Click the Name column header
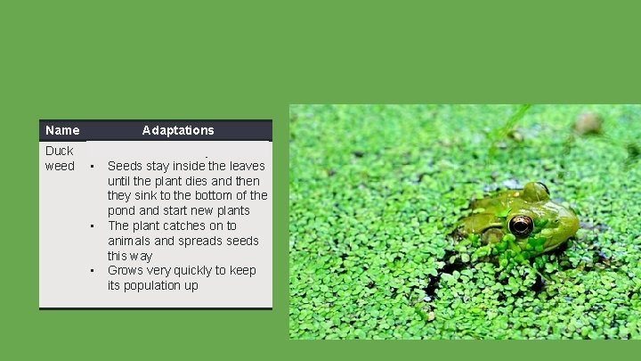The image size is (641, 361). (x=62, y=130)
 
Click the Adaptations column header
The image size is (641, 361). (x=178, y=130)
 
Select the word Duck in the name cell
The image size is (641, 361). (x=60, y=151)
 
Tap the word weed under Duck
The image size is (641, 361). (x=60, y=166)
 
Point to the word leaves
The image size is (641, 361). (x=247, y=166)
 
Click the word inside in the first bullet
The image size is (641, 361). (x=186, y=166)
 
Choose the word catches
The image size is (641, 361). (x=186, y=226)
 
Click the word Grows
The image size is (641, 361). (x=126, y=271)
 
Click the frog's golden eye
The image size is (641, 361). (x=521, y=226)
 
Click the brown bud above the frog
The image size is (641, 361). (x=588, y=123)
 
